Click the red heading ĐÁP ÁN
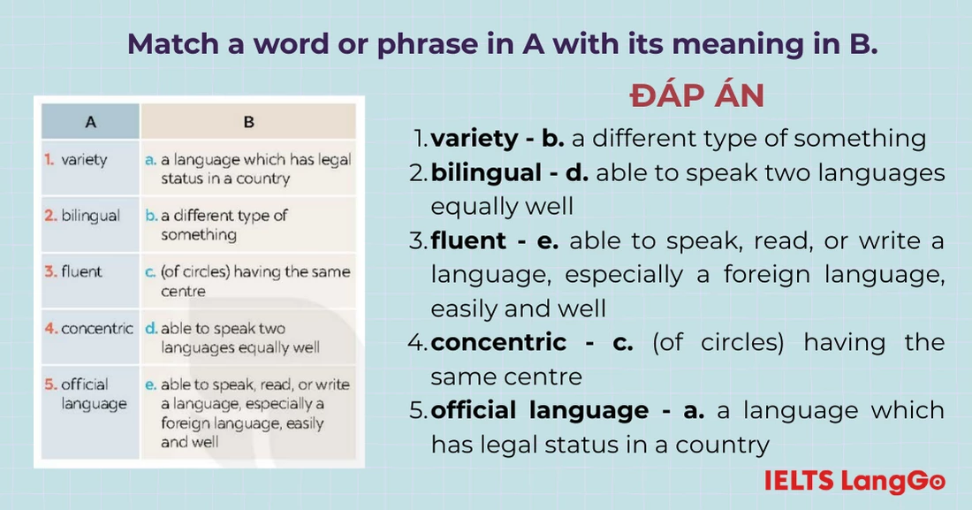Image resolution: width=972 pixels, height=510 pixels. click(697, 95)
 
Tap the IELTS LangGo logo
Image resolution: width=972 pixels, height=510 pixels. click(854, 482)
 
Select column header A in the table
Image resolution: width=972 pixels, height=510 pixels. click(90, 122)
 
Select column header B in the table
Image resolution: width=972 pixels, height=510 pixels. click(248, 122)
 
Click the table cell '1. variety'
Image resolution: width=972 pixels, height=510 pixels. click(77, 160)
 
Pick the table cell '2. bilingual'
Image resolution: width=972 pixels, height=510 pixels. click(82, 216)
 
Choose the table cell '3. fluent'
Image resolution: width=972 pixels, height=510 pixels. click(74, 271)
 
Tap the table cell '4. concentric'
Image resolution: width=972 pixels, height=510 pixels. click(88, 328)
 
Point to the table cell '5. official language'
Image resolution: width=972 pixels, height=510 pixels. click(86, 394)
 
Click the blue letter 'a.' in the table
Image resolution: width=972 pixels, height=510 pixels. click(150, 160)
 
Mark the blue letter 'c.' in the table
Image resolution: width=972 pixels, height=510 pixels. click(150, 272)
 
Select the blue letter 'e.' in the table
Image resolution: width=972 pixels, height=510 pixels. click(151, 384)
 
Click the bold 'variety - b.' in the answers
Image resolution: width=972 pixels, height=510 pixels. click(497, 139)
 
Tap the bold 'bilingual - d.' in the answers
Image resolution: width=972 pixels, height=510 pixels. click(509, 172)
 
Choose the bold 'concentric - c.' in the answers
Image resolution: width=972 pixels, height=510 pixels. click(532, 342)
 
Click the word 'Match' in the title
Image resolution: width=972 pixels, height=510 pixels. click(169, 44)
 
